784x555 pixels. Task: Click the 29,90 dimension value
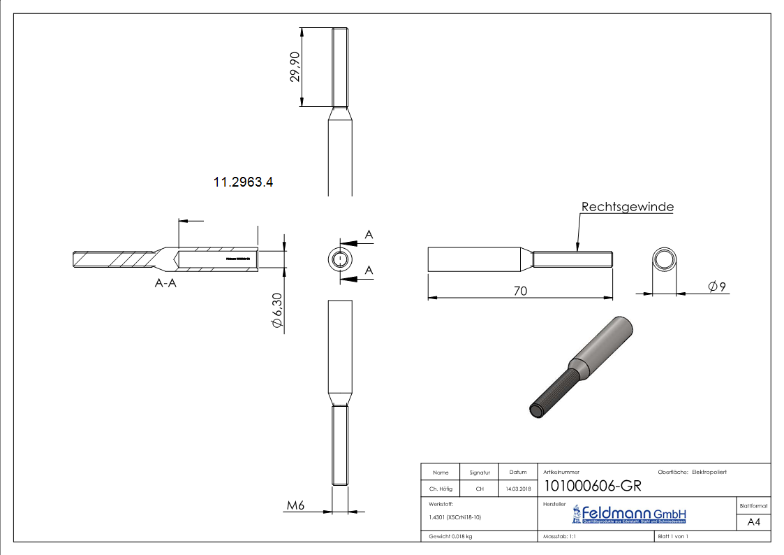[x=295, y=67]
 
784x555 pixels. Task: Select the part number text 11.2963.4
[x=243, y=182]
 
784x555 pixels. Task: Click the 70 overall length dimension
[x=520, y=290]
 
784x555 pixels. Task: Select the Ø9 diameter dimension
[x=717, y=286]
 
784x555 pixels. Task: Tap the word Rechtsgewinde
[x=627, y=207]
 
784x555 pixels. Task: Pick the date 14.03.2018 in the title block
[x=517, y=489]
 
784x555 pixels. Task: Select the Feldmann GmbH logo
[x=629, y=515]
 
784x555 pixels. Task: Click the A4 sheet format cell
[x=754, y=521]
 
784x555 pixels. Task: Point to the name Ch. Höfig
[x=441, y=489]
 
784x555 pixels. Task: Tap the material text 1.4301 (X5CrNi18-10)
[x=455, y=517]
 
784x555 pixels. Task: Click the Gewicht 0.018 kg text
[x=451, y=536]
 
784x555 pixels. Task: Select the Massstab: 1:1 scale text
[x=559, y=536]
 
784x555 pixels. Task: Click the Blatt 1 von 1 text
[x=673, y=536]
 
